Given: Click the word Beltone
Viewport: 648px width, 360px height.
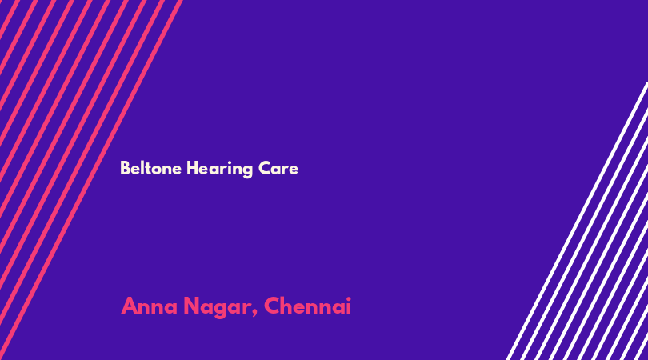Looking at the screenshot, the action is (x=151, y=168).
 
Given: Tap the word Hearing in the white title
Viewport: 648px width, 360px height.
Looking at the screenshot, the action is (x=219, y=170).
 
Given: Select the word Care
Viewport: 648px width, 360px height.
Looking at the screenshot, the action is (x=278, y=168).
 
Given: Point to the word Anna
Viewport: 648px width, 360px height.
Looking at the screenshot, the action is (x=149, y=306).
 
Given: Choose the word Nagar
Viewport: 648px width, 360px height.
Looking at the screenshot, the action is (x=217, y=308).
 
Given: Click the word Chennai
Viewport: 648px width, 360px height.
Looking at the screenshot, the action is (x=307, y=306).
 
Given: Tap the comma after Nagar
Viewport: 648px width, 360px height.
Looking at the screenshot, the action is (x=254, y=314).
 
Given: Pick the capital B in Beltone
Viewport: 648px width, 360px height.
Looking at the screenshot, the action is (x=125, y=168).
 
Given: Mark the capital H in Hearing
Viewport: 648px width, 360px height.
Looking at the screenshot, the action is (x=193, y=168).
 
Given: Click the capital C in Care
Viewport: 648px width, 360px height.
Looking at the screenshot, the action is (x=265, y=168).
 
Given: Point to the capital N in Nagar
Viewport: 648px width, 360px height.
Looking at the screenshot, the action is (x=192, y=306).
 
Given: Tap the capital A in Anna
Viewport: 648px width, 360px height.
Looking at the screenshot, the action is (x=130, y=306).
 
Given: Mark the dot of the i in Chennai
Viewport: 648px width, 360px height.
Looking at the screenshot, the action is (x=348, y=299).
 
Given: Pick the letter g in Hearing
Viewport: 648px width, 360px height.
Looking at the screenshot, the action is (x=246, y=171).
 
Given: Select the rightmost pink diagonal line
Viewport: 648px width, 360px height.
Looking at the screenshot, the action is (x=91, y=180).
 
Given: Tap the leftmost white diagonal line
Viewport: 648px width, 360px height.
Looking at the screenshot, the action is (x=577, y=221).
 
